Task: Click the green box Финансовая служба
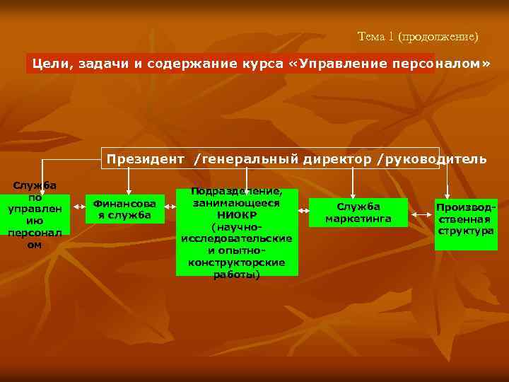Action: (x=124, y=209)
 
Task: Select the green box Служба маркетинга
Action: (x=358, y=212)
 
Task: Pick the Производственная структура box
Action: (x=466, y=224)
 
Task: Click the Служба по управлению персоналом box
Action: (x=34, y=215)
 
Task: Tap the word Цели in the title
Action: (x=50, y=64)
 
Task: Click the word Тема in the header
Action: (x=371, y=35)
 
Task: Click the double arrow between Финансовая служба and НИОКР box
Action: (x=170, y=209)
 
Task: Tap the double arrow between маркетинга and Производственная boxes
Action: (x=422, y=210)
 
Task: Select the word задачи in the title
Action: (x=105, y=64)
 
